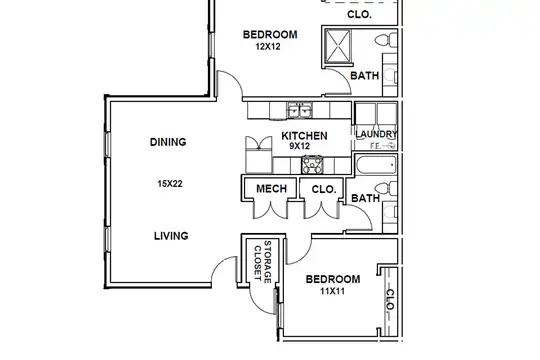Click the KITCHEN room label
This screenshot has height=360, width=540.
[x=304, y=136]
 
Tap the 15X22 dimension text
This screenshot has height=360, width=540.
[x=170, y=184]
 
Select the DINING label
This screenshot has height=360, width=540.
[x=168, y=142]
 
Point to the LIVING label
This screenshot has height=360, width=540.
[x=171, y=236]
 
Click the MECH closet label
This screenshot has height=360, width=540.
[x=271, y=188]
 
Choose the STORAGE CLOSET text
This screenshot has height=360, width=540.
[x=263, y=262]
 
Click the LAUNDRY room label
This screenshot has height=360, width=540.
[x=376, y=134]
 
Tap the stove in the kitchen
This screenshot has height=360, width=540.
[x=312, y=165]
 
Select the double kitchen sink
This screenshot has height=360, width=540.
[x=300, y=111]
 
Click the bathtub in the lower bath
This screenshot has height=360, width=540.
[x=376, y=165]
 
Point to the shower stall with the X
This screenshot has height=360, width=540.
[x=338, y=47]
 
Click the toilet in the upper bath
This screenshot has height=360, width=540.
[x=386, y=40]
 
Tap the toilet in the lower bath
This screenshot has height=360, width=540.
[x=386, y=189]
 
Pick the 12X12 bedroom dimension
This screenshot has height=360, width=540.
[x=268, y=46]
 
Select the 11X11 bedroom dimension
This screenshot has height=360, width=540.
[x=332, y=291]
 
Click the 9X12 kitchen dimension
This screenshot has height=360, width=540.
[x=299, y=146]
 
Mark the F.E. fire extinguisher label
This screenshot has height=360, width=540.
[x=375, y=146]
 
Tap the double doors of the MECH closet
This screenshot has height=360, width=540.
[x=270, y=209]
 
